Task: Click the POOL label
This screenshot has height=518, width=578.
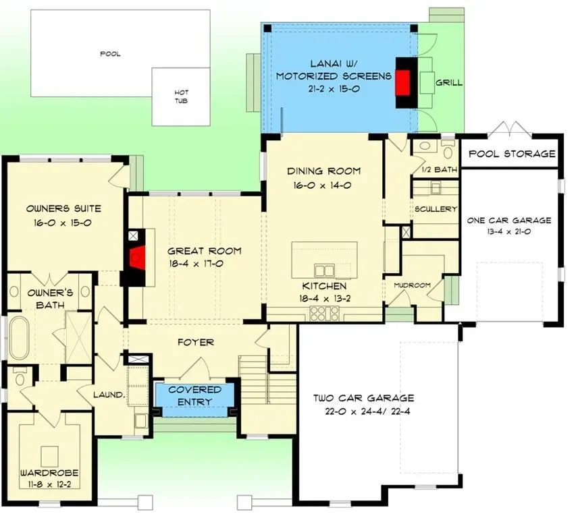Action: [x=110, y=54]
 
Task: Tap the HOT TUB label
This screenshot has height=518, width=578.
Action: [x=181, y=96]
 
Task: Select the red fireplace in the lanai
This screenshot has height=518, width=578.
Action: [x=403, y=83]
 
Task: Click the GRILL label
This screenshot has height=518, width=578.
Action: [x=448, y=82]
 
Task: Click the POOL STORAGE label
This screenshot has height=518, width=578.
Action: [x=512, y=154]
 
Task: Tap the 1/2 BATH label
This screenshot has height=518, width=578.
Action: [x=440, y=169]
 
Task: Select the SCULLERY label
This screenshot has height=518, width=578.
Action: [x=436, y=209]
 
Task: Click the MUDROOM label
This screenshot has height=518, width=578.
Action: [x=412, y=285]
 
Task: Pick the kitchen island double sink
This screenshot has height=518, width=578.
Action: [x=324, y=270]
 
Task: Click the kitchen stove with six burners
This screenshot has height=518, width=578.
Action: [x=324, y=314]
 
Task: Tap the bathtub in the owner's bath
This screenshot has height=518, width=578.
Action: [x=20, y=338]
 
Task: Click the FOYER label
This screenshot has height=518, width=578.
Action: [x=196, y=343]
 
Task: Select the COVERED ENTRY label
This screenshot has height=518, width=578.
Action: [x=194, y=396]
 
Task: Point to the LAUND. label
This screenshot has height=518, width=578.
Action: [x=109, y=395]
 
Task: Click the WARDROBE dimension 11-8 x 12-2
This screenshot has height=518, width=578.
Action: [x=49, y=484]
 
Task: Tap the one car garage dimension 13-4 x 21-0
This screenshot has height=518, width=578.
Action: [x=509, y=231]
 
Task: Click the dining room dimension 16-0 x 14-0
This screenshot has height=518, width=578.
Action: [x=322, y=185]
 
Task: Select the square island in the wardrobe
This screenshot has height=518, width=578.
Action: [x=49, y=457]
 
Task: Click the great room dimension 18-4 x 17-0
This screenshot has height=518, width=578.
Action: [x=196, y=264]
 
